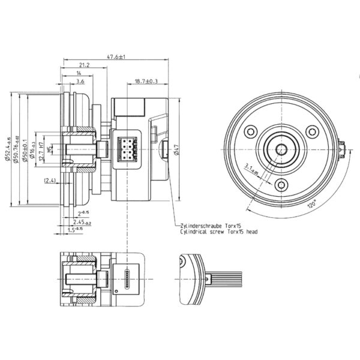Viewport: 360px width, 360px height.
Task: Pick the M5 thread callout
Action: [50, 147]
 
